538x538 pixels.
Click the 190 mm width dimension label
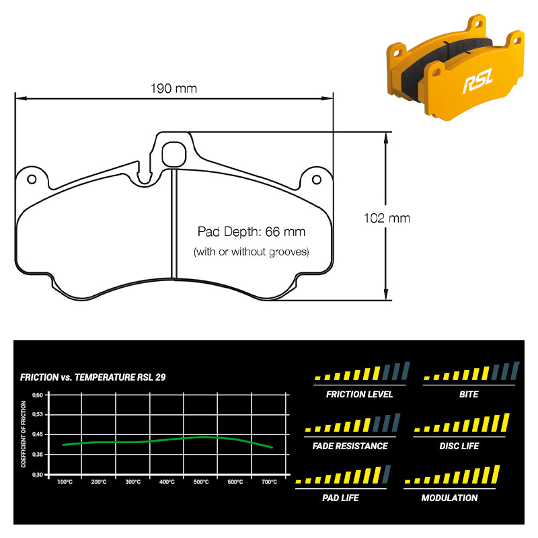coord(174,89)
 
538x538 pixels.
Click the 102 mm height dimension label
coord(387,218)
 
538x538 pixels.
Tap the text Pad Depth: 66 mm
coord(251,232)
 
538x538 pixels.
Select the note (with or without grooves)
coord(251,252)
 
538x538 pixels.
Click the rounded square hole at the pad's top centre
coord(174,153)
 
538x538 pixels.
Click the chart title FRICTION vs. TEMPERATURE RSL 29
coord(93,377)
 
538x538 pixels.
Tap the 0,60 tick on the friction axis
coord(38,395)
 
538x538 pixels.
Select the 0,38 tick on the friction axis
coord(38,455)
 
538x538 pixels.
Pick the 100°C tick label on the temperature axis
coord(65,482)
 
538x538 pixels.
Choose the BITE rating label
coord(469,394)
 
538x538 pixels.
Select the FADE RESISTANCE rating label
coord(350,446)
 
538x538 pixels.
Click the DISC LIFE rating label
coord(459,446)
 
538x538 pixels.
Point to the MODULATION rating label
coord(449,498)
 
